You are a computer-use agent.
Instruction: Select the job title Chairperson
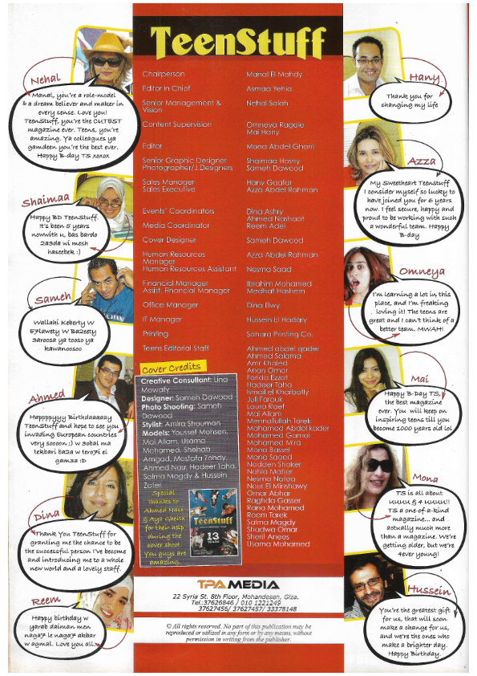point(164,75)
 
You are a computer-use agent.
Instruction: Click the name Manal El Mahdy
point(274,75)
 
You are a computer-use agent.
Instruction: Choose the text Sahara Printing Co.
point(279,333)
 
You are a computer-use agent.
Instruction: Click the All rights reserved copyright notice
point(238,651)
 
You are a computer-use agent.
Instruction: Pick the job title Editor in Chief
point(167,88)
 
